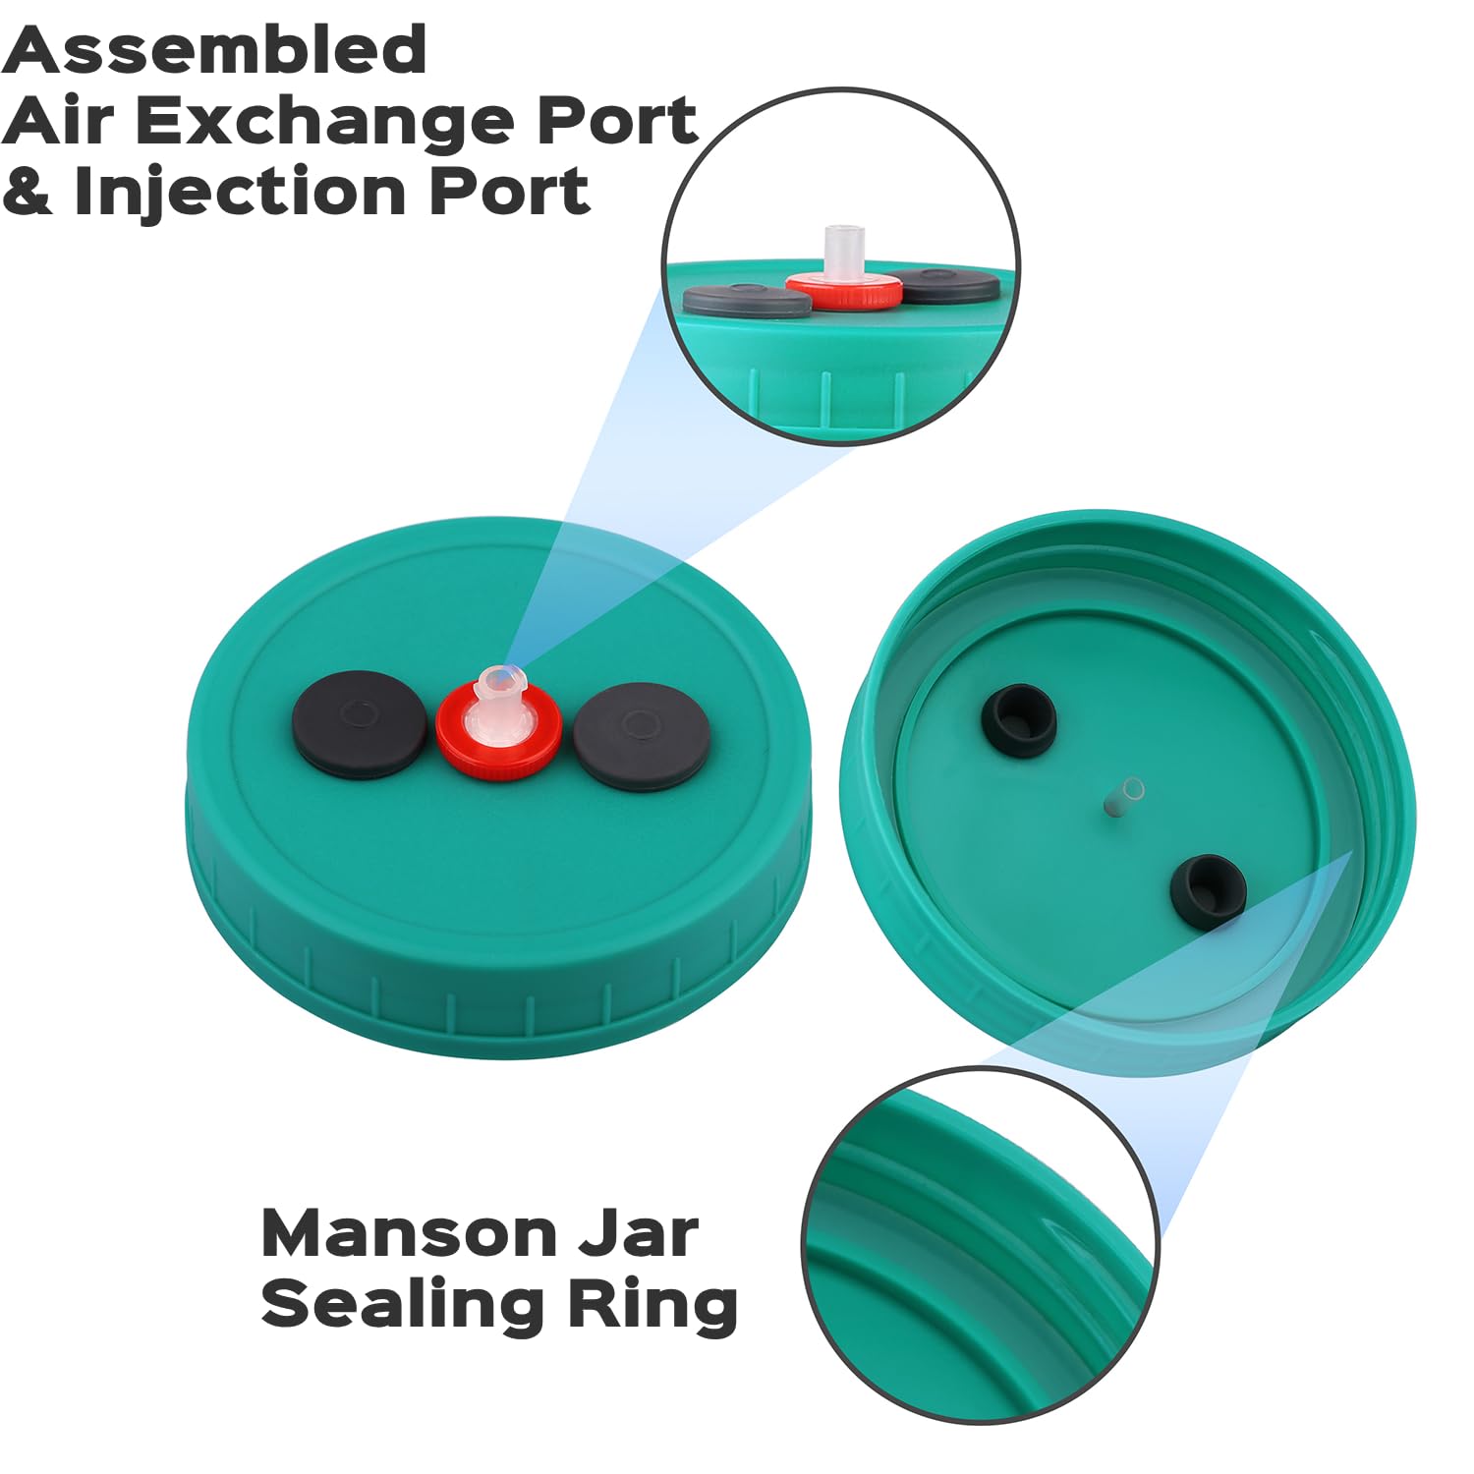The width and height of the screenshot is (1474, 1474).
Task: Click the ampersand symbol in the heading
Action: tap(28, 191)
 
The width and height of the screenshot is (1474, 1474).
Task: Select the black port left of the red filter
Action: tap(360, 724)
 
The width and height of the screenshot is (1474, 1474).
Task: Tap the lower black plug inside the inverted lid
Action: tap(1208, 889)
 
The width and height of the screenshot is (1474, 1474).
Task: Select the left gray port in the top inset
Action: tap(748, 300)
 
